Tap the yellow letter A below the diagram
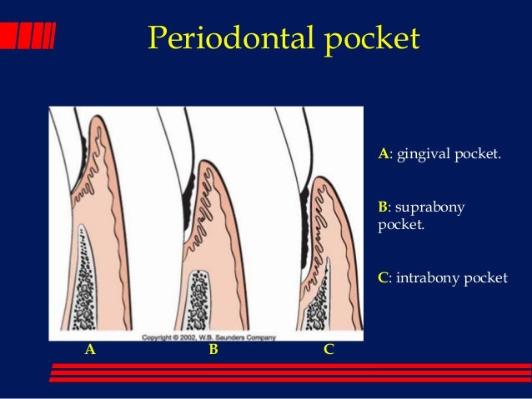click(90, 350)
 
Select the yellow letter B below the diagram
click(213, 350)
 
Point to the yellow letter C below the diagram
click(329, 350)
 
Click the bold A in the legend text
click(383, 154)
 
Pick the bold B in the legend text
click(383, 207)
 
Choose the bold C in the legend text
click(383, 277)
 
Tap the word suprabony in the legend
click(435, 207)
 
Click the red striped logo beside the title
click(28, 36)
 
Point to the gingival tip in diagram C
click(319, 177)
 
